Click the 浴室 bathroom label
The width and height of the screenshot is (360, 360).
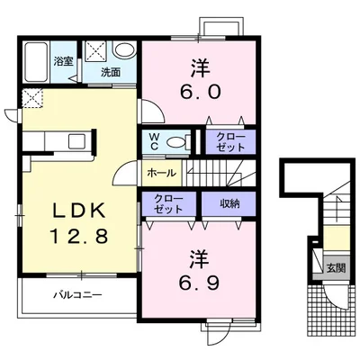64,61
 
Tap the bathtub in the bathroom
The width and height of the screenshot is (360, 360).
36,62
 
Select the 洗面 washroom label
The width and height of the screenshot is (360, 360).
111,72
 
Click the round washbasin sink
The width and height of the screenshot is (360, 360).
125,50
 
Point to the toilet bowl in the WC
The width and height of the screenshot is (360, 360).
175,142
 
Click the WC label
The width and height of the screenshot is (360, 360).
155,141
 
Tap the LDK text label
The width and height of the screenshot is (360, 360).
79,211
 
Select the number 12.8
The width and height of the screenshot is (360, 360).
78,236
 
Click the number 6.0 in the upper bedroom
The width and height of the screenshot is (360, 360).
201,91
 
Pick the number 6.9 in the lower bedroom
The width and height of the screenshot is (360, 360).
200,283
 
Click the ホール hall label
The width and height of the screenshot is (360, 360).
161,173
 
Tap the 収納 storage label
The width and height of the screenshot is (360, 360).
229,203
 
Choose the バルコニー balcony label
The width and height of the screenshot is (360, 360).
77,295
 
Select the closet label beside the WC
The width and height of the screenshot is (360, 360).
230,142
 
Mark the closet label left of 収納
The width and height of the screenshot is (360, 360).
168,203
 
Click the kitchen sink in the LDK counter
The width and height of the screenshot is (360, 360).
77,141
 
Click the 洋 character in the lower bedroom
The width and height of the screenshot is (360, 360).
200,260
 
